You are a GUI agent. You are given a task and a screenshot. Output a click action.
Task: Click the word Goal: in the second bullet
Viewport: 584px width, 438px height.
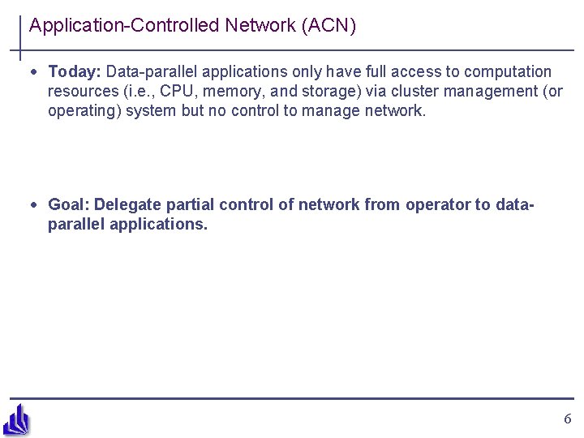tap(70, 205)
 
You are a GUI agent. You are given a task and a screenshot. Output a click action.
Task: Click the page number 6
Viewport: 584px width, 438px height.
tap(567, 419)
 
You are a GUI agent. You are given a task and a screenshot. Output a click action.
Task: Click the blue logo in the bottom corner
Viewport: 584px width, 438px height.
tap(16, 419)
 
